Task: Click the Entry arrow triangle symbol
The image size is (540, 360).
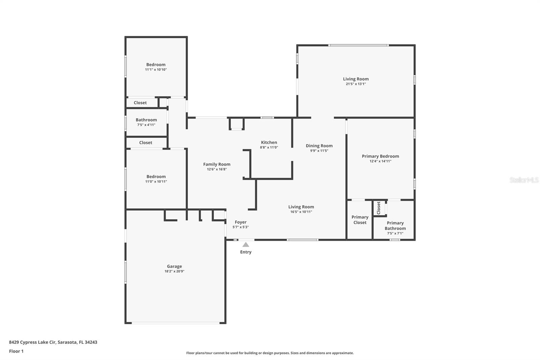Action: [246, 245]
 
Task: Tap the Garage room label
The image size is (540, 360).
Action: [174, 266]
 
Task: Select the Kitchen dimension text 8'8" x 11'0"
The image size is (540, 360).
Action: [269, 148]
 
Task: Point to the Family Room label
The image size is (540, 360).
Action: [217, 164]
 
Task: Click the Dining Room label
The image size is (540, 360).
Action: [319, 146]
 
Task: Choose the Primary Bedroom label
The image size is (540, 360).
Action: [380, 156]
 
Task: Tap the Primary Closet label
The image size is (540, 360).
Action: [360, 220]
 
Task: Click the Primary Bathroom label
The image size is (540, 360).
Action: [395, 226]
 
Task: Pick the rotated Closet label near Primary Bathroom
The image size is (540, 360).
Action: [379, 208]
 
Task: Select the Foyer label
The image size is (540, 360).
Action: [241, 222]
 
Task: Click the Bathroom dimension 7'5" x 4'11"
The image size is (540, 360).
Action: [146, 125]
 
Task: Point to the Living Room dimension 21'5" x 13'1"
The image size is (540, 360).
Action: [356, 84]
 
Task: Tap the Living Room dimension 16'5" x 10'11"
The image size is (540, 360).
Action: [301, 212]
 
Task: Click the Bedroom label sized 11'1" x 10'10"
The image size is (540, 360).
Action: [156, 65]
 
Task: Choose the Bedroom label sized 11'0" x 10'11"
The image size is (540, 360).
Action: [156, 177]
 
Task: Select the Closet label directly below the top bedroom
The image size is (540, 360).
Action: [140, 103]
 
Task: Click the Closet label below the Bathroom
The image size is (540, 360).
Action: [145, 143]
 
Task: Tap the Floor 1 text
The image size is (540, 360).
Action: [16, 351]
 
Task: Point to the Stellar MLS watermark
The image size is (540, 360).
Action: [524, 180]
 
